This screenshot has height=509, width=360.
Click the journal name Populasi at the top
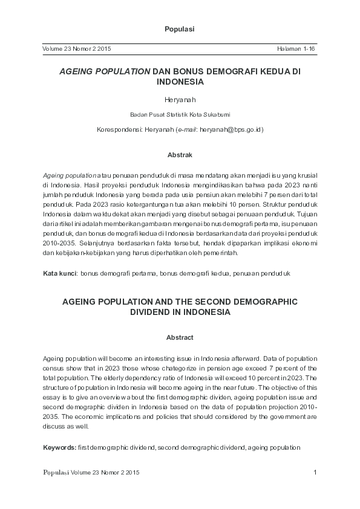tap(180, 29)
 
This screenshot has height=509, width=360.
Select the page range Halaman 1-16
tap(297, 48)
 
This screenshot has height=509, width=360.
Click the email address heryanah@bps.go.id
tap(232, 130)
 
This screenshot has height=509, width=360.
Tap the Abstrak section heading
tap(180, 155)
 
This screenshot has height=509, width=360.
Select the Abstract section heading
tap(180, 337)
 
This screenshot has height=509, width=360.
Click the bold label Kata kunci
tap(59, 274)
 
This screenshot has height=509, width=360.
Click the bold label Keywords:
tap(60, 447)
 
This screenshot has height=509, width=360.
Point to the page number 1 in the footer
tap(315, 472)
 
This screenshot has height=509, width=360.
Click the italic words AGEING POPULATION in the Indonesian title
tap(104, 71)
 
